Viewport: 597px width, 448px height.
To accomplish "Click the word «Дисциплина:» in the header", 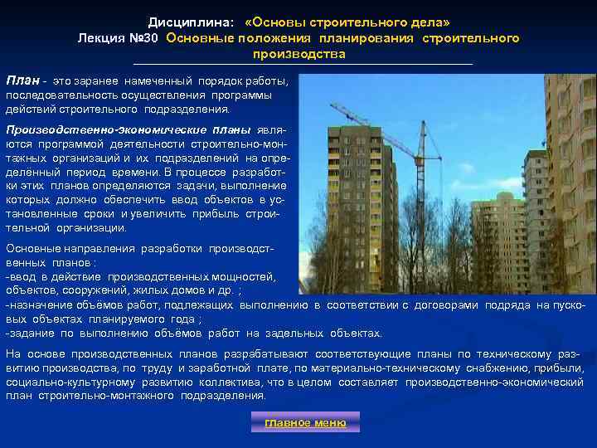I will coord(185,22).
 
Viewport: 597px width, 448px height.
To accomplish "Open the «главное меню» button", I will coord(306,423).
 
